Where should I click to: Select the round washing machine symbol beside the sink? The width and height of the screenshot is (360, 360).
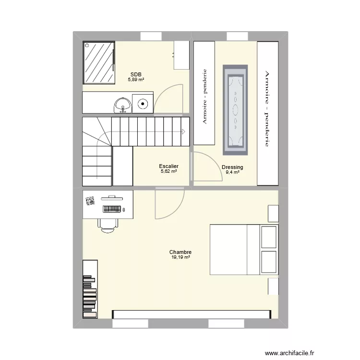tap(143, 103)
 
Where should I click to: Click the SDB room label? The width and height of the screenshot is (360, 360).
tap(136, 74)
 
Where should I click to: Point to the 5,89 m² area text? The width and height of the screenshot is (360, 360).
tap(136, 80)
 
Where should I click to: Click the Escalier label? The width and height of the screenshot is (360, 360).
tap(168, 166)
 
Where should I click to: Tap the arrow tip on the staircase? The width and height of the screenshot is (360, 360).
tap(184, 132)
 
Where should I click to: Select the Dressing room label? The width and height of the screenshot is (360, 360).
tap(232, 167)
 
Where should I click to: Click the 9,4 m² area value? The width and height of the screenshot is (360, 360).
tap(232, 172)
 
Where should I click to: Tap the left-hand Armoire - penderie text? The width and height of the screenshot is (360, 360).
tap(205, 96)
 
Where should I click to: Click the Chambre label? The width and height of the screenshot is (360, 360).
tap(180, 252)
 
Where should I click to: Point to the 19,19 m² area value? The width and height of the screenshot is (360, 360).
tap(180, 257)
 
